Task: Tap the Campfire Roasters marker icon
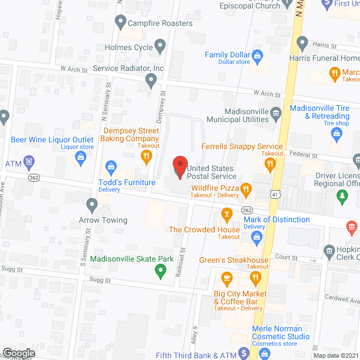coord(120,23)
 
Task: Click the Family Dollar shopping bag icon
coord(258,55)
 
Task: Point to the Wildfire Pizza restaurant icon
coord(246,190)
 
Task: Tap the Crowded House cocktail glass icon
coord(227,214)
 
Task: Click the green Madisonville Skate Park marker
coord(160,271)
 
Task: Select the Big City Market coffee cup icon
coord(227,278)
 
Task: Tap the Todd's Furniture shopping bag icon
coord(111,167)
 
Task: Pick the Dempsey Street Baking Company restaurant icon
coord(147,156)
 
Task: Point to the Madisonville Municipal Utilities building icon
coord(276,114)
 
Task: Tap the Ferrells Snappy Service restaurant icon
coord(271,164)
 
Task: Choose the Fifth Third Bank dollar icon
coord(243,353)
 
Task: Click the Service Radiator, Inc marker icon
coord(151,81)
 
